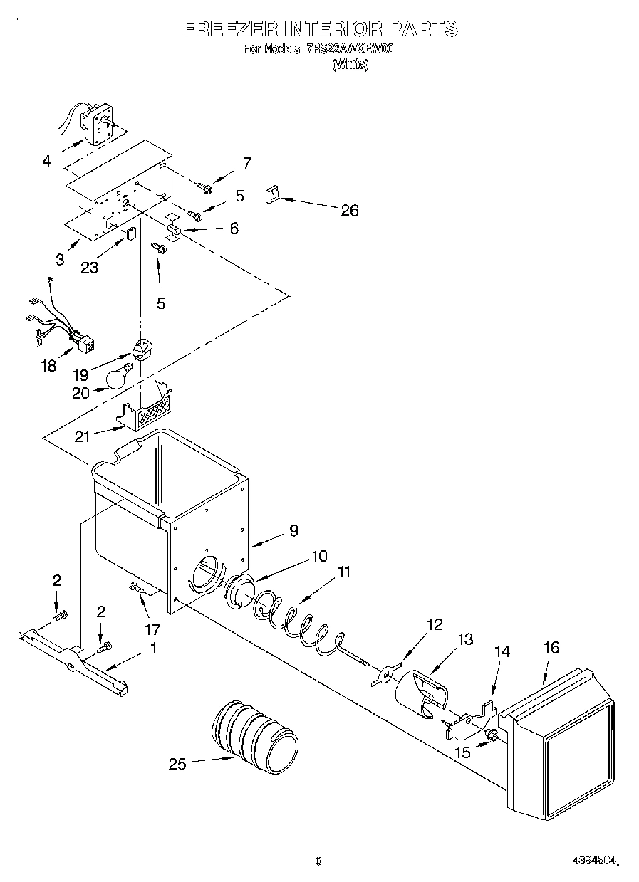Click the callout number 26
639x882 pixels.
[349, 211]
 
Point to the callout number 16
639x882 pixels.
[551, 647]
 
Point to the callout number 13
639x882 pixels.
[464, 640]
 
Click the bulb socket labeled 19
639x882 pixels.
[143, 350]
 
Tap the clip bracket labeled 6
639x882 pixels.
[173, 224]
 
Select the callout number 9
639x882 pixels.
[293, 530]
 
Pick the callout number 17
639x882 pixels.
[152, 629]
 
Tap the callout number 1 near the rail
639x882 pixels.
[153, 649]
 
